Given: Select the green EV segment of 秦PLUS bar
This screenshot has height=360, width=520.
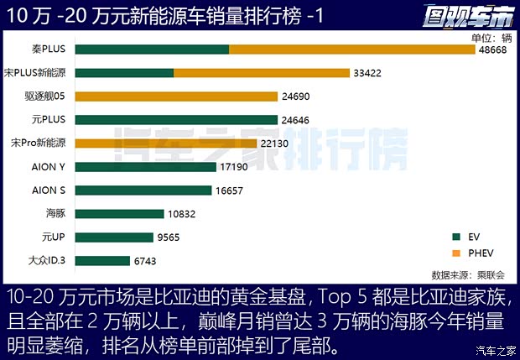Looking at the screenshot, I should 152,50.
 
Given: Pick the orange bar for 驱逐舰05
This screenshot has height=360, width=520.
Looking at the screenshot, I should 175,97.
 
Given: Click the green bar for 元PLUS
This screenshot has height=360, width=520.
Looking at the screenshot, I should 175,120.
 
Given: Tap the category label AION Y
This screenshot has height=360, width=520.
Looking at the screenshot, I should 49,167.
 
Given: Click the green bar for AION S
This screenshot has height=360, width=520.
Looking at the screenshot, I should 142,190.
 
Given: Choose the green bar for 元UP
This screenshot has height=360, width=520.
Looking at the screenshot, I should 114,237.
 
